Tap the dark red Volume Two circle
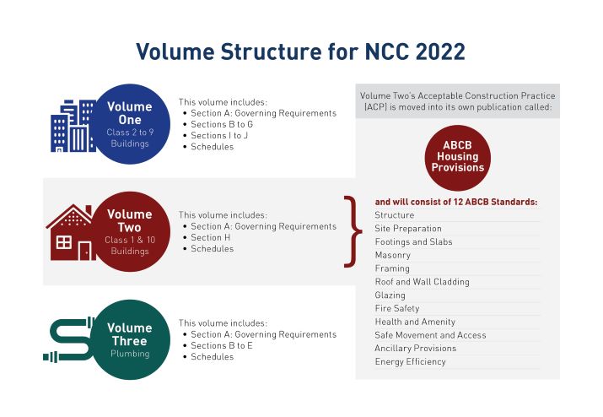(130, 229)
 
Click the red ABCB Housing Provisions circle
(457, 156)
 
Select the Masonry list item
(393, 255)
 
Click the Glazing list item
(390, 295)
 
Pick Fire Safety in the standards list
(396, 309)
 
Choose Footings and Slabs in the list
(413, 242)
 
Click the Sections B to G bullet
(222, 125)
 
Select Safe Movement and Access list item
(430, 335)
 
